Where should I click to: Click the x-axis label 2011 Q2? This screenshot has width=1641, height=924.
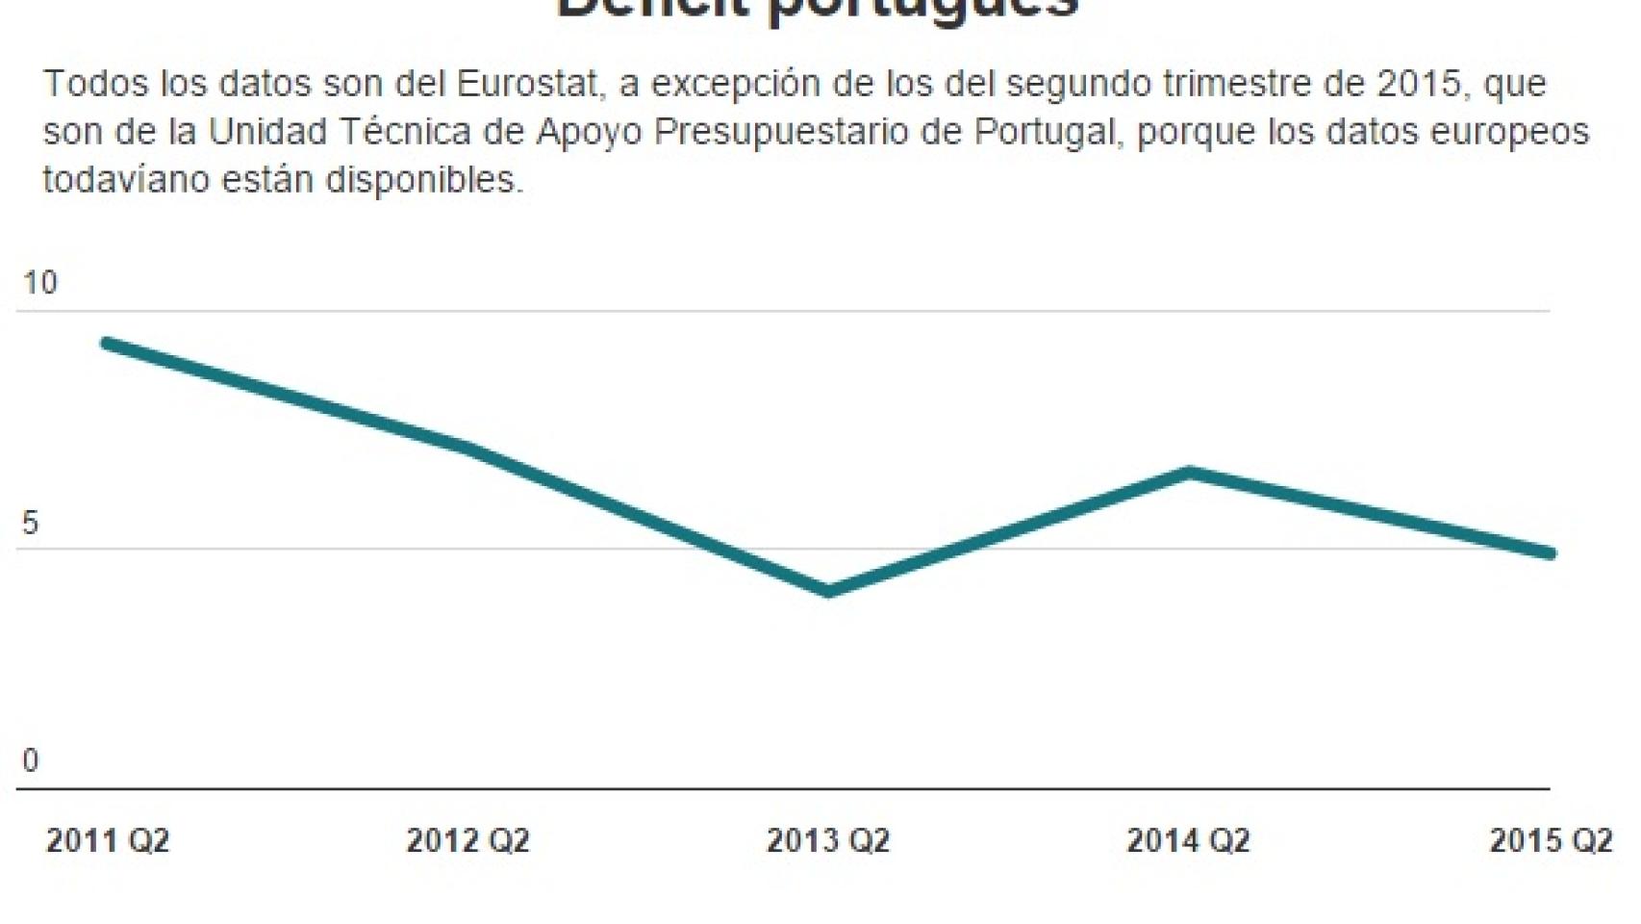[108, 840]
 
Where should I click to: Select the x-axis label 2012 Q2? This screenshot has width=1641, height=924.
[467, 840]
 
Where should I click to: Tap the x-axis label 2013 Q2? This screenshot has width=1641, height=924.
[827, 840]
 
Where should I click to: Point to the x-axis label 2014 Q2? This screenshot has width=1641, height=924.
[1188, 840]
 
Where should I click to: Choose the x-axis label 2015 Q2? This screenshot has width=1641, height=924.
[1550, 840]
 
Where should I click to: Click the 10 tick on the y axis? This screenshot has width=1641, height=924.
[40, 283]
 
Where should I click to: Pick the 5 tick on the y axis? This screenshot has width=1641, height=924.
[31, 523]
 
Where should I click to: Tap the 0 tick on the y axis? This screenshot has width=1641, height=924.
[31, 760]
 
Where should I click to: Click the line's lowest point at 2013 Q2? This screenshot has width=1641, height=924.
[828, 591]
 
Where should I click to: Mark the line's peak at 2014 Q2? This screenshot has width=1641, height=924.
[1190, 473]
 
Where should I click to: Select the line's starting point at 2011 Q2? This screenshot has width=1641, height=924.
[107, 344]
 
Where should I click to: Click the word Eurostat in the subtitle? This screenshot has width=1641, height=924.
[528, 84]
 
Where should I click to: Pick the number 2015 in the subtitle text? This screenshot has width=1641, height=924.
[1419, 84]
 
